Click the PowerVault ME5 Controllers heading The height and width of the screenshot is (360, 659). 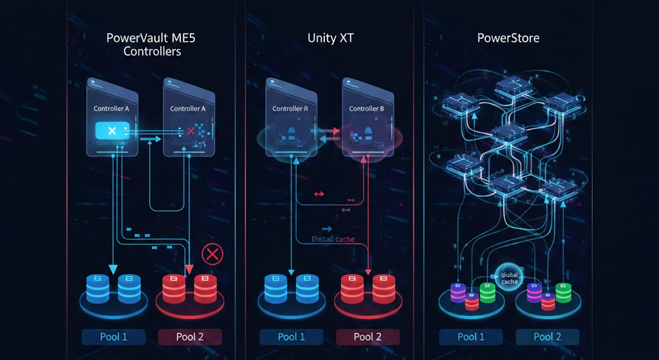151,44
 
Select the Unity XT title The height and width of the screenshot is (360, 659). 330,38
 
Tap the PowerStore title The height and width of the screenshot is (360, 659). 508,38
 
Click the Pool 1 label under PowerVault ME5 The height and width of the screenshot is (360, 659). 114,337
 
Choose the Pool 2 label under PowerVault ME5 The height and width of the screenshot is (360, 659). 190,337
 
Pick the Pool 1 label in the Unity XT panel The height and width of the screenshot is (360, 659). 292,337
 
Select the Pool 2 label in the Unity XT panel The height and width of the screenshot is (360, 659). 367,337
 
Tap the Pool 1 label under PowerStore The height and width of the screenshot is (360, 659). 471,337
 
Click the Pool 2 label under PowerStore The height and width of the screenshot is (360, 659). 547,337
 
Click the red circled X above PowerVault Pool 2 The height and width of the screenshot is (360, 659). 211,255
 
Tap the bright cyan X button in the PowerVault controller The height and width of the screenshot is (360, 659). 112,131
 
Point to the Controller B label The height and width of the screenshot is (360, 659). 366,109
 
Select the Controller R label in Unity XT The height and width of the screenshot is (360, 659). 290,109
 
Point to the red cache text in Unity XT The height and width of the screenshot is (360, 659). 333,240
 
